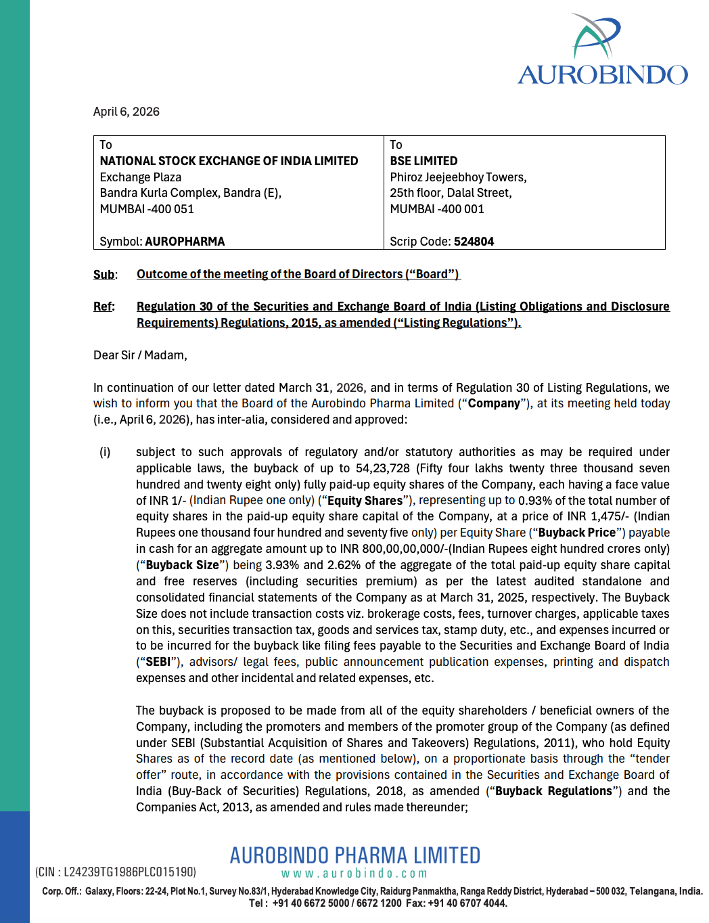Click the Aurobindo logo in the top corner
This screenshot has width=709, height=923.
602,51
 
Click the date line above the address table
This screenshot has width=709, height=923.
127,112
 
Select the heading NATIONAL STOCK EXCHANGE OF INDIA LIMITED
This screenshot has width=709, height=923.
229,161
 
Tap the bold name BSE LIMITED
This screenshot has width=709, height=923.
424,161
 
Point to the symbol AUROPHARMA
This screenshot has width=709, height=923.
185,242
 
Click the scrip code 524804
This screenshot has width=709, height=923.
474,242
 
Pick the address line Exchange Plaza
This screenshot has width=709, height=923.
141,177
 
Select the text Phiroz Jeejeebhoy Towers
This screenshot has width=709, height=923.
458,177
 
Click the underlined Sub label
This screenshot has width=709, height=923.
104,274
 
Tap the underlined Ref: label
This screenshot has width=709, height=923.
104,307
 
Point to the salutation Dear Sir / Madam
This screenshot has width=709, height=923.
140,355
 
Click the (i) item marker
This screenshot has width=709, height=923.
105,452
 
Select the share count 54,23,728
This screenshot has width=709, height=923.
383,468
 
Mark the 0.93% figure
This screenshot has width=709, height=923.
536,501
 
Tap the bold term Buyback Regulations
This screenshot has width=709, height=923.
553,791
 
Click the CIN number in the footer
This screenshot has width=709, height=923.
116,872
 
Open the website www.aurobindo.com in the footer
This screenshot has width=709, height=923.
354,874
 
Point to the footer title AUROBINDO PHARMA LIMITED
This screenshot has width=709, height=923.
354,855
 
